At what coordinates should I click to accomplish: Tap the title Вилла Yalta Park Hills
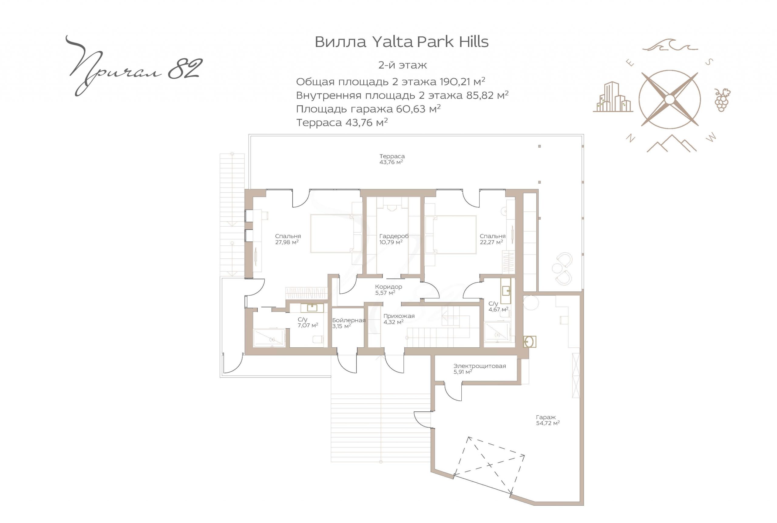[x=401, y=42]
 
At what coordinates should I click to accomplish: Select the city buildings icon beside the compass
[x=613, y=97]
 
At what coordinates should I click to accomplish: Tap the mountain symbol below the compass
[x=671, y=143]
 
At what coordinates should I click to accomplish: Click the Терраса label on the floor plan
[x=392, y=157]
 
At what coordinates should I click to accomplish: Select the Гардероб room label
[x=394, y=236]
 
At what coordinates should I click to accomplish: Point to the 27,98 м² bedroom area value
[x=287, y=242]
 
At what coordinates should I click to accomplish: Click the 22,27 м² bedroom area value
[x=491, y=242]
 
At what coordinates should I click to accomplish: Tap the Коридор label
[x=388, y=287]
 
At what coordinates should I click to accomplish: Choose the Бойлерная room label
[x=349, y=320]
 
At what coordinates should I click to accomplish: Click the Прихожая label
[x=399, y=316]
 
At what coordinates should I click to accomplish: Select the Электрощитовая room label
[x=480, y=366]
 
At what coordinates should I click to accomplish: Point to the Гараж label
[x=546, y=417]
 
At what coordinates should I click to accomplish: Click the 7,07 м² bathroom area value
[x=307, y=325]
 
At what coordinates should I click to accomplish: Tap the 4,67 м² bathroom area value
[x=498, y=309]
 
